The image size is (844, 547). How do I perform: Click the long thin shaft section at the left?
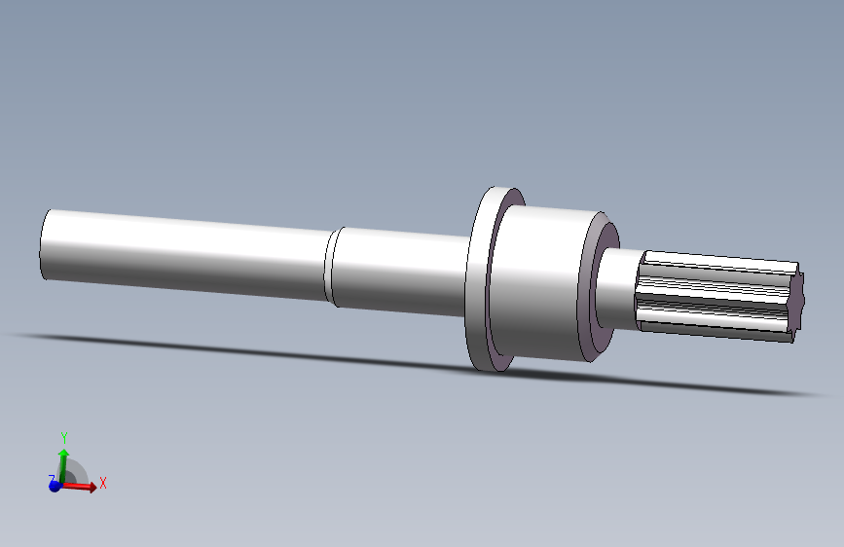(x=186, y=254)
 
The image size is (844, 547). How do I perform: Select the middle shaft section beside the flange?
(x=401, y=272)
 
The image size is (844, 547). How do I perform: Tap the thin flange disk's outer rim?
(x=476, y=280)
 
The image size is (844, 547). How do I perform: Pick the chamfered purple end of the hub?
(x=602, y=284)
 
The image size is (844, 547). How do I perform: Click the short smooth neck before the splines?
(x=619, y=288)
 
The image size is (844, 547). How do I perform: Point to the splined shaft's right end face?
(x=799, y=303)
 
